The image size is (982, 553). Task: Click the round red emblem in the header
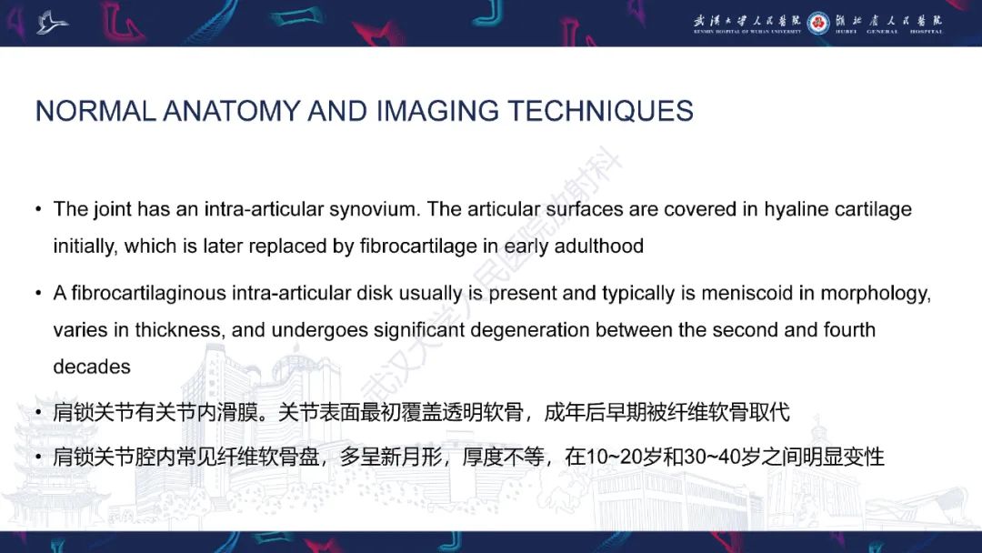point(817,22)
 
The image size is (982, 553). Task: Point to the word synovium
point(374,209)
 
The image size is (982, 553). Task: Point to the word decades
point(92,367)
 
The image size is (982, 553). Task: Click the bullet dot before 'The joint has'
point(38,210)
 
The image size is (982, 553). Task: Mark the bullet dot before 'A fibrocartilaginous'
point(38,295)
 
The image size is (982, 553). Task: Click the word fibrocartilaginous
point(148,294)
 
